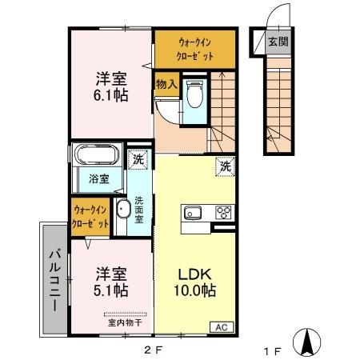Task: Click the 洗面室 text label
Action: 138,210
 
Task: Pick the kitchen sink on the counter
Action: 194,213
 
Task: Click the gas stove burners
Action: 223,213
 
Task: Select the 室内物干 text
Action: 125,322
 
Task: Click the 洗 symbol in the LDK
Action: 225,167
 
